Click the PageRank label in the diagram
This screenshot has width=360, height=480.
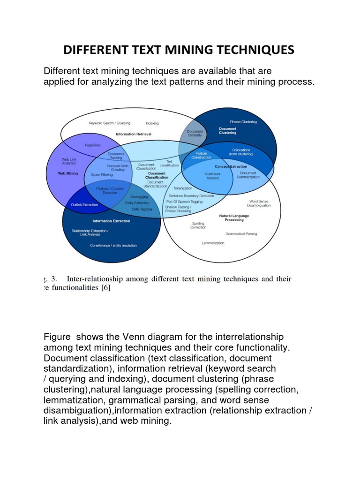(x=93, y=145)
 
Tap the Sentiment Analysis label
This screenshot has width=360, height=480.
(x=212, y=176)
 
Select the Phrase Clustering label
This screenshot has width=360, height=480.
(x=243, y=122)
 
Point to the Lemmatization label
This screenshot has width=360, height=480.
(x=213, y=243)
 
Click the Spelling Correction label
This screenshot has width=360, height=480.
(x=198, y=225)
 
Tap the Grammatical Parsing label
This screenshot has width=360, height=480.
(x=241, y=233)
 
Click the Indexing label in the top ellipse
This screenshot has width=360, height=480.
(x=152, y=123)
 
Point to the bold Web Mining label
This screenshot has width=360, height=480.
(x=68, y=173)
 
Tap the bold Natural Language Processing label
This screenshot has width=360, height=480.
(x=234, y=217)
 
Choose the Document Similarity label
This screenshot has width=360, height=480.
(x=195, y=133)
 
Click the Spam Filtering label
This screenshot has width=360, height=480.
(x=102, y=174)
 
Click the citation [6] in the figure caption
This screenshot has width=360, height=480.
(x=105, y=288)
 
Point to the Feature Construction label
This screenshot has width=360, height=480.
(x=201, y=155)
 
